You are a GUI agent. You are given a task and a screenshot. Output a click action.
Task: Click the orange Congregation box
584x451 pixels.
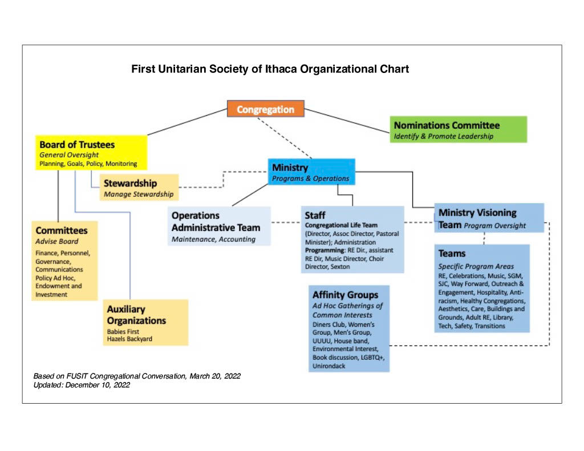(x=266, y=109)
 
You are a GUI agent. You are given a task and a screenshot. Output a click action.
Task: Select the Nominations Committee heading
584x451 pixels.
(x=447, y=125)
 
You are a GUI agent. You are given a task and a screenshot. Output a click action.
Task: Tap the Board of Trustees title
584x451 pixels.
(x=77, y=144)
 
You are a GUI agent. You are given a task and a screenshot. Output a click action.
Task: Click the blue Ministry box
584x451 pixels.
(x=311, y=172)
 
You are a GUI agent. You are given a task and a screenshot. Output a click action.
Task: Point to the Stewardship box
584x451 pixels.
(x=139, y=188)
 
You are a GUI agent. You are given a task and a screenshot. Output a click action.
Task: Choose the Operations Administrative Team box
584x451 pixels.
(x=219, y=226)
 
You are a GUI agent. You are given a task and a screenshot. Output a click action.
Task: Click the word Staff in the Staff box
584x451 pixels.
(x=315, y=216)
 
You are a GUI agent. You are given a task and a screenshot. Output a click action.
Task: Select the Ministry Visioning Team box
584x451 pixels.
(x=489, y=218)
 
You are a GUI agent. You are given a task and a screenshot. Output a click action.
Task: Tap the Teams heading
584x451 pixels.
(x=452, y=254)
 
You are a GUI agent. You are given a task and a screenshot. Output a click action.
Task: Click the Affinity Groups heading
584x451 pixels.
(x=345, y=295)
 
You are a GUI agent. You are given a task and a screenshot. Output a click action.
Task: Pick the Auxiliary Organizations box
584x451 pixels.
(x=145, y=323)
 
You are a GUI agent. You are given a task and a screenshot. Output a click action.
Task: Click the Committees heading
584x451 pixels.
(x=62, y=230)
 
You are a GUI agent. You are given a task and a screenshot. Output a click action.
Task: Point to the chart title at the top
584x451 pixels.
(x=270, y=69)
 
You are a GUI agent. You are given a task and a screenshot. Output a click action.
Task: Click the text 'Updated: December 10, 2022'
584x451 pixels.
(x=82, y=385)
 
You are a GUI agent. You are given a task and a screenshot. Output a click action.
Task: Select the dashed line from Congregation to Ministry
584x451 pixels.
(x=285, y=138)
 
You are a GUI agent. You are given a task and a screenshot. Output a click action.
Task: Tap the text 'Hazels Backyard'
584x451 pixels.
(x=129, y=339)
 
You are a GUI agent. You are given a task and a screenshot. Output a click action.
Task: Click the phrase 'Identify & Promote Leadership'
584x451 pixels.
(x=444, y=136)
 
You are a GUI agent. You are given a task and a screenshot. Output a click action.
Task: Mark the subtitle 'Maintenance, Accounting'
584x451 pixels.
(x=213, y=239)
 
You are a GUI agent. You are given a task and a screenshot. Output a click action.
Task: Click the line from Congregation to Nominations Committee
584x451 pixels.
(x=347, y=121)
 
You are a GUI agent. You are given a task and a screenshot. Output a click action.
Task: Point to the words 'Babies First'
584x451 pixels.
(x=123, y=331)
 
